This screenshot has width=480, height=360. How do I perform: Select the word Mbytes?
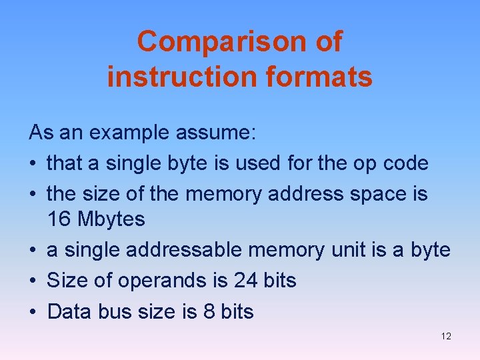(111, 219)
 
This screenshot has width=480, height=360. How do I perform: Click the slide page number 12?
(446, 337)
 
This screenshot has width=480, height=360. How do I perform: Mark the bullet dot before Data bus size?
(33, 311)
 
